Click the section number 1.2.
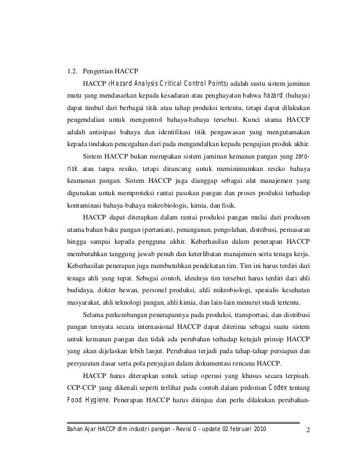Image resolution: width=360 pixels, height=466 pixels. [x=72, y=72]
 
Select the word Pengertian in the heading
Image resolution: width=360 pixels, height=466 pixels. [x=98, y=72]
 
